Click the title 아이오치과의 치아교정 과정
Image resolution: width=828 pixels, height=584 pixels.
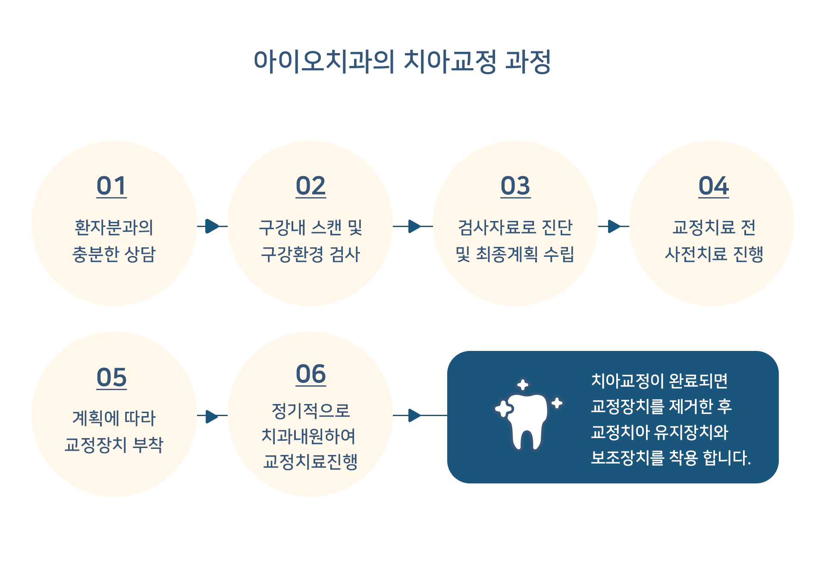(402, 61)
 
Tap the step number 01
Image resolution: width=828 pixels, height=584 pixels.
(112, 186)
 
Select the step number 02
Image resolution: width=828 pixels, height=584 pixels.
(310, 186)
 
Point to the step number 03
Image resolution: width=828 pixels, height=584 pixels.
(515, 186)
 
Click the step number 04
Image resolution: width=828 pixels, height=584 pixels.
(714, 186)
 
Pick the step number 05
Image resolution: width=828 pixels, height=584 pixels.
(112, 378)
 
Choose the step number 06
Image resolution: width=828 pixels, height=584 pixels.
(310, 374)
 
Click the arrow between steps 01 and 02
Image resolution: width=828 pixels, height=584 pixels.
(212, 226)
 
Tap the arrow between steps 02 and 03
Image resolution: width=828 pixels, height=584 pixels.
(413, 226)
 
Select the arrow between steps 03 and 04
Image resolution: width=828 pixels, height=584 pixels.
(614, 226)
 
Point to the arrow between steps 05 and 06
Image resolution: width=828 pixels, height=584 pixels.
(212, 416)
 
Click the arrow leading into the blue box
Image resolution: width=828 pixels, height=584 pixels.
(420, 415)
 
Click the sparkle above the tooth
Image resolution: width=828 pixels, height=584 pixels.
(523, 385)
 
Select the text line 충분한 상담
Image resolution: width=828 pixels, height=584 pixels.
(114, 254)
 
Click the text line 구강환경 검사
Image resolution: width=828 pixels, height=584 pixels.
(310, 254)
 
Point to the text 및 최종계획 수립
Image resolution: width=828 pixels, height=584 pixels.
(515, 254)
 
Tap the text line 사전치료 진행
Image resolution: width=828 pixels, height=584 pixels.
(714, 254)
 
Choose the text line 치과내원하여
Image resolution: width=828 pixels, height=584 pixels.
(309, 436)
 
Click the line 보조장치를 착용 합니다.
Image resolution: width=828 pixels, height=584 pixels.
(671, 458)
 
